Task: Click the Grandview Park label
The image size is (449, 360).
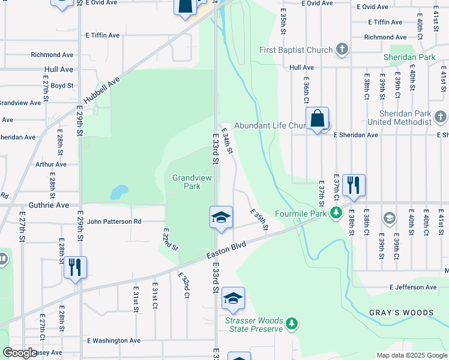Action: click(x=186, y=182)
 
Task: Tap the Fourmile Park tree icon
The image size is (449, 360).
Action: click(x=337, y=213)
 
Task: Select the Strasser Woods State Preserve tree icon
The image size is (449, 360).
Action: click(x=292, y=324)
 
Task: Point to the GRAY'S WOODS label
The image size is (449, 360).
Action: click(x=401, y=313)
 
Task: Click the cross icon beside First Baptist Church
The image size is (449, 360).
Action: click(x=342, y=50)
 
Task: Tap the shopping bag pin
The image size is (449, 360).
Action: click(x=317, y=119)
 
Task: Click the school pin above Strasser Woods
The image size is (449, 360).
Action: click(x=233, y=298)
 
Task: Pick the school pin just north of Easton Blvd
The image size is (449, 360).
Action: click(x=221, y=217)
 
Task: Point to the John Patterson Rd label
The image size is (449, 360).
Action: click(x=114, y=221)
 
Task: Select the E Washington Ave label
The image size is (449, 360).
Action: click(x=113, y=340)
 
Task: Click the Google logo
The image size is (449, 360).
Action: click(x=20, y=353)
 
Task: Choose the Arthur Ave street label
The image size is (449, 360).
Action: click(x=50, y=164)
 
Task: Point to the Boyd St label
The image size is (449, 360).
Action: click(x=62, y=86)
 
